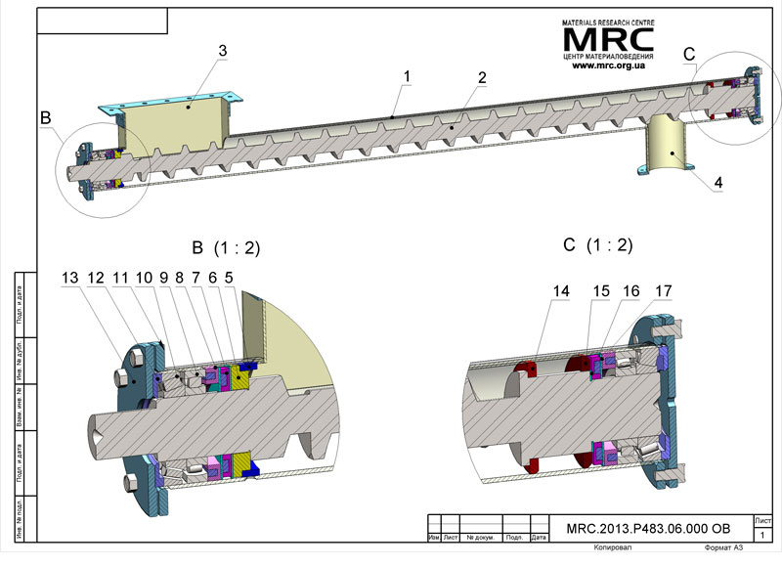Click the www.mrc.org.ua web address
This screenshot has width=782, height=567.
pos(607,65)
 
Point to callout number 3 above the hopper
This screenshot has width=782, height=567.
pos(223,50)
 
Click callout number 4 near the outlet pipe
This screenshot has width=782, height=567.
pos(717,182)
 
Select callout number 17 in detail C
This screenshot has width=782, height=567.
pos(662,290)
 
